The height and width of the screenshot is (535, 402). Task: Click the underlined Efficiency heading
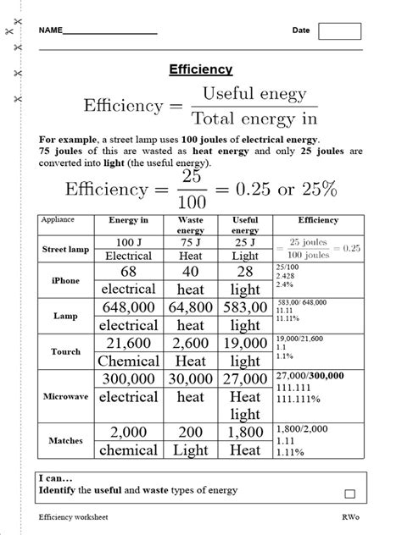tap(201, 70)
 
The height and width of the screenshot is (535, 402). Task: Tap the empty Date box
tap(339, 31)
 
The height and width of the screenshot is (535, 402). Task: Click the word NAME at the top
tap(50, 30)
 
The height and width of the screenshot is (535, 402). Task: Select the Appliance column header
tap(57, 219)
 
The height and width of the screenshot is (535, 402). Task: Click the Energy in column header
tap(129, 220)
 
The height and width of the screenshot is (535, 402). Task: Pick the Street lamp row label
tap(64, 250)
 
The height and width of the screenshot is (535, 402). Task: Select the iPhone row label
tap(64, 280)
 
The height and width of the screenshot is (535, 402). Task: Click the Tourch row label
tap(64, 351)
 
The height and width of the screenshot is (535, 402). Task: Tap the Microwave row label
tap(64, 395)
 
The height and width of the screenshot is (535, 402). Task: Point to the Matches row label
tap(64, 440)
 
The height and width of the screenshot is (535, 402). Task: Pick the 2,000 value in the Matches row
tap(130, 432)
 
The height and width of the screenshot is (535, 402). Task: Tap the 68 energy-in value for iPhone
tap(129, 271)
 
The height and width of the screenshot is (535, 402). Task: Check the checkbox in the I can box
tap(349, 494)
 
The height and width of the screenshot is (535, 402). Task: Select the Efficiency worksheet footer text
tap(73, 516)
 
